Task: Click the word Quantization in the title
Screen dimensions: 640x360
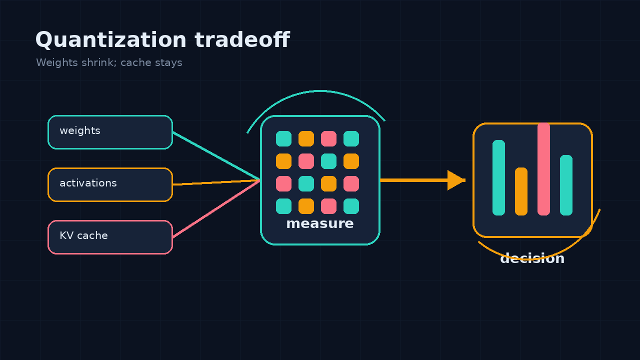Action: pyautogui.click(x=111, y=40)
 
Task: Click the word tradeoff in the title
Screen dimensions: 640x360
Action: pyautogui.click(x=242, y=39)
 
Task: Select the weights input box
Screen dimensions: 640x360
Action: pyautogui.click(x=110, y=132)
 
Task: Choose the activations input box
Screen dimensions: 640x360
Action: pyautogui.click(x=110, y=185)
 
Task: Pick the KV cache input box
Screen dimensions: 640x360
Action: pyautogui.click(x=110, y=237)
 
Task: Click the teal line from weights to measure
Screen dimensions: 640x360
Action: pyautogui.click(x=216, y=156)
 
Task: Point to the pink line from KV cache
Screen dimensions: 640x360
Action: pyautogui.click(x=216, y=208)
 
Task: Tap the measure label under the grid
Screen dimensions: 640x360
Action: pyautogui.click(x=320, y=223)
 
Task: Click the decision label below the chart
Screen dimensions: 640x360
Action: pyautogui.click(x=532, y=258)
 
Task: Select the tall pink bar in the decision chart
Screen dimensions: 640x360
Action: pyautogui.click(x=543, y=169)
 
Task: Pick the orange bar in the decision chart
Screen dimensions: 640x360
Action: pyautogui.click(x=521, y=191)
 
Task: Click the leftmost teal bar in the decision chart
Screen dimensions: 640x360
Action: pyautogui.click(x=498, y=177)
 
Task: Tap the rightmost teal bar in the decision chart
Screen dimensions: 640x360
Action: pyautogui.click(x=566, y=185)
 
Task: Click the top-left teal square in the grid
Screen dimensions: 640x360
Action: pyautogui.click(x=283, y=138)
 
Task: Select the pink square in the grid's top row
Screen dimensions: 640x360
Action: pyautogui.click(x=328, y=138)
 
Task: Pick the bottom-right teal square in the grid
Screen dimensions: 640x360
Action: pyautogui.click(x=351, y=206)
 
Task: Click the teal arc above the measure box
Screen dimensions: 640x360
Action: pyautogui.click(x=319, y=91)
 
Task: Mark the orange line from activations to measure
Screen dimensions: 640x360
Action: pyautogui.click(x=216, y=182)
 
